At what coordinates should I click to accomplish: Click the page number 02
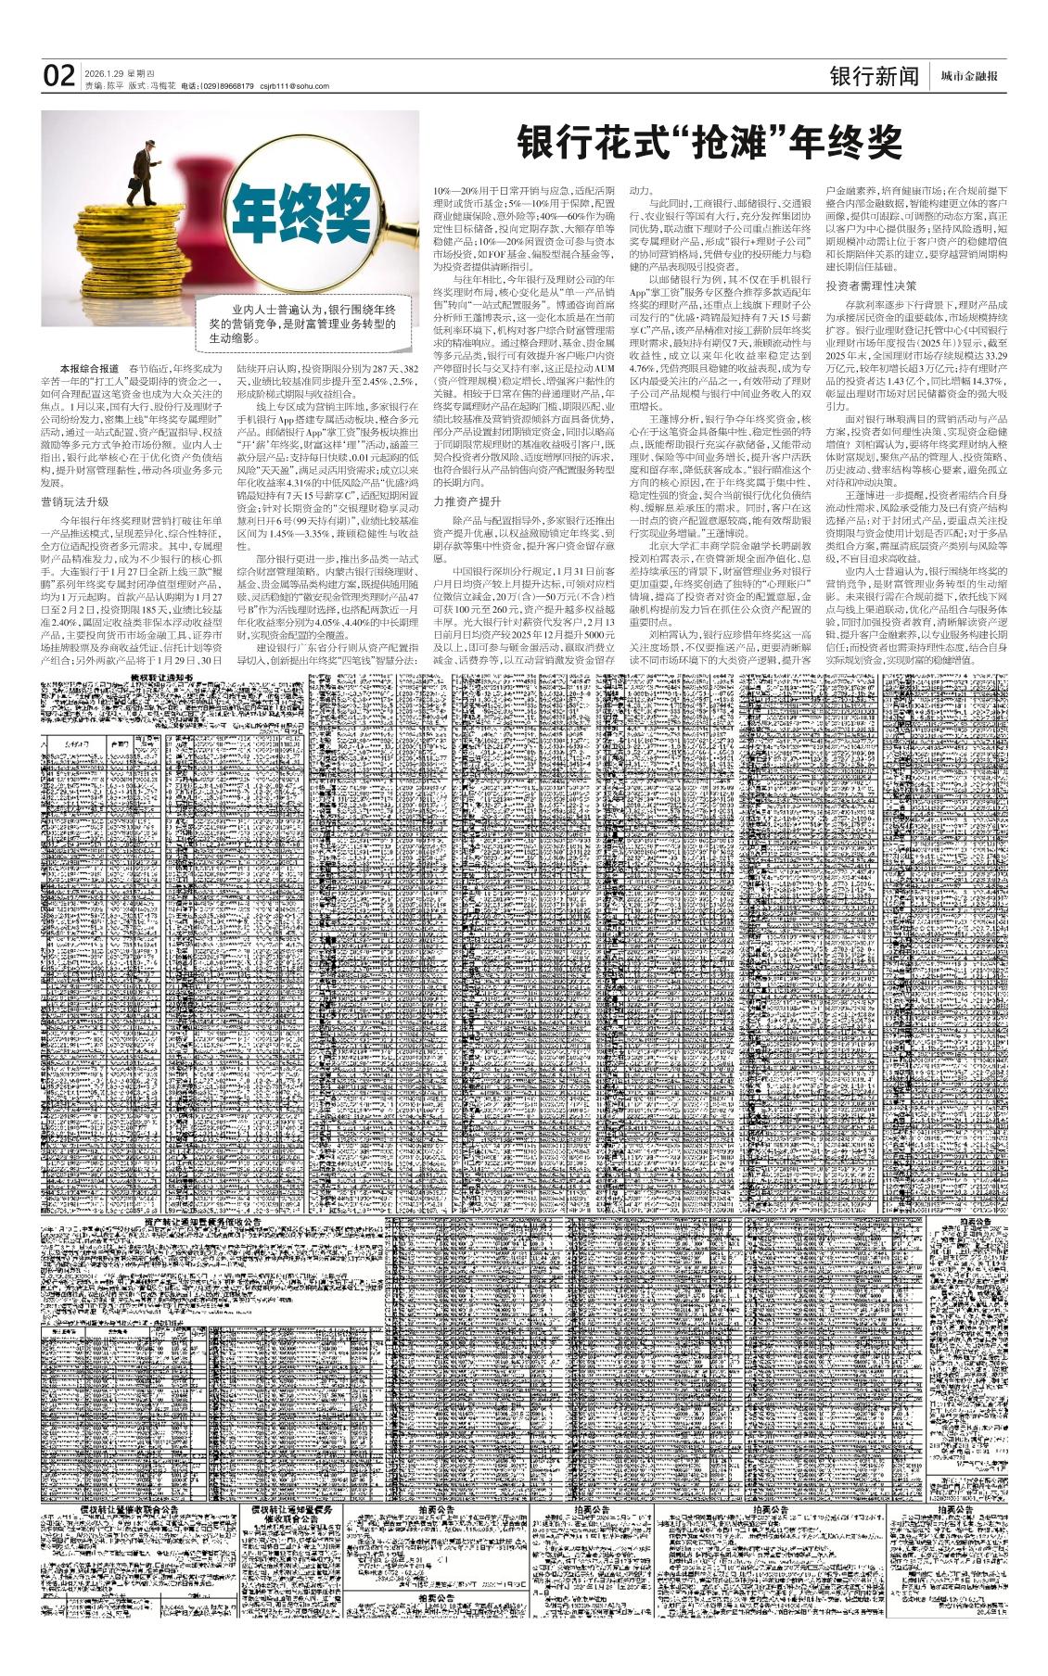pos(58,76)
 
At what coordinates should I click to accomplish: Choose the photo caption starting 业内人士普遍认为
pos(302,324)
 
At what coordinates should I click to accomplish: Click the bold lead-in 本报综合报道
pos(89,368)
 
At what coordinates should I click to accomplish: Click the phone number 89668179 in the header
pos(233,86)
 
